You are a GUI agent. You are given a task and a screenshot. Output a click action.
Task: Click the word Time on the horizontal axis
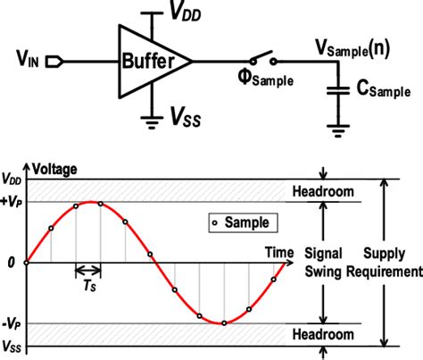pos(278,253)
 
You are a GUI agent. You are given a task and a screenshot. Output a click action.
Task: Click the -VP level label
pos(12,322)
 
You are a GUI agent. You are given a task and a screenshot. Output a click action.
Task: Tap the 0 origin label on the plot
pos(10,263)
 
